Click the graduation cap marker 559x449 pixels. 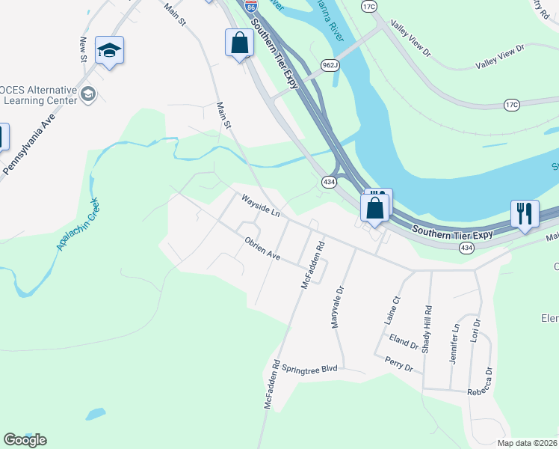109,52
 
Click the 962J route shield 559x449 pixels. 331,64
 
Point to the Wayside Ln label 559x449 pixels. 259,207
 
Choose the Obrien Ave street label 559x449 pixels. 262,250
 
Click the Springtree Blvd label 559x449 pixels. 309,369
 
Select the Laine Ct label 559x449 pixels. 392,308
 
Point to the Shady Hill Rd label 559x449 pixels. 427,327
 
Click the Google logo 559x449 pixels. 25,440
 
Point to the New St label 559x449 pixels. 83,50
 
